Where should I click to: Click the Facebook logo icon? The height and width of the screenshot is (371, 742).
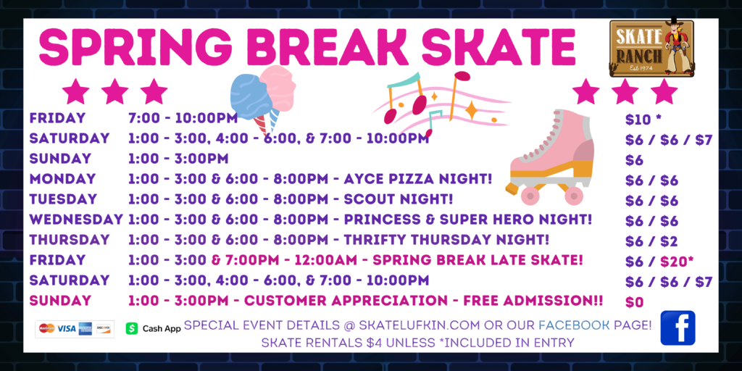(x=678, y=328)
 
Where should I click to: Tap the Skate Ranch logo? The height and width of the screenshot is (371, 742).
(x=651, y=47)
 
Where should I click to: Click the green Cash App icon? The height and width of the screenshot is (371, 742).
(x=132, y=328)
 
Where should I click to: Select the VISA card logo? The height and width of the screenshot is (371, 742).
(x=66, y=328)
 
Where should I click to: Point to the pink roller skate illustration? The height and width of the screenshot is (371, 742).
(x=551, y=157)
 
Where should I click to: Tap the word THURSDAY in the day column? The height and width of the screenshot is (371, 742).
(x=70, y=239)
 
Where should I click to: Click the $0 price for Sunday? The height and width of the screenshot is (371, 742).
(x=635, y=302)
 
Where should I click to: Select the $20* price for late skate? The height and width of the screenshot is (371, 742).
(x=677, y=261)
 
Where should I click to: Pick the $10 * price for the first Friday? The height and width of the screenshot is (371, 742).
(x=643, y=120)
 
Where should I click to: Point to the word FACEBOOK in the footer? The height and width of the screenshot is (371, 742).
(x=574, y=325)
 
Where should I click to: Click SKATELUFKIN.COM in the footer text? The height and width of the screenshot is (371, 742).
(x=420, y=325)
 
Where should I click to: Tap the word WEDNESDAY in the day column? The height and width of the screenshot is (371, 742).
(x=76, y=220)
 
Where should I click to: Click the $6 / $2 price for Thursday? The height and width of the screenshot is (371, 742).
(x=651, y=241)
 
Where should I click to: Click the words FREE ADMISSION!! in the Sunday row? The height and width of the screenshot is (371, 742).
(x=533, y=301)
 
